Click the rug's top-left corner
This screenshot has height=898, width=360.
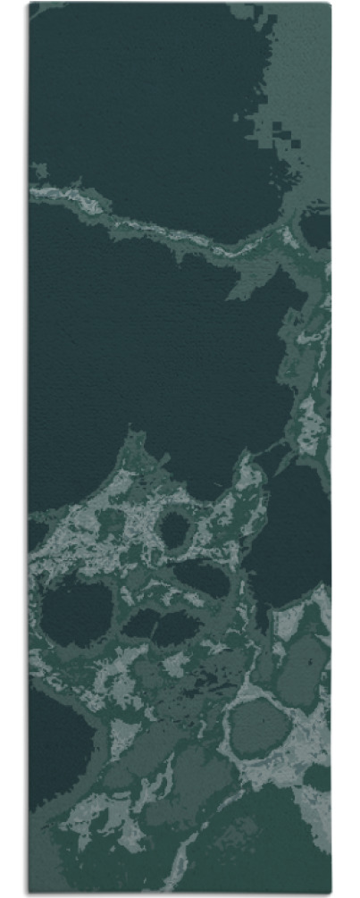29,4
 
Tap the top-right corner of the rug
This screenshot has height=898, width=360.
331,4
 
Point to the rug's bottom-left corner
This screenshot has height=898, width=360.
29,894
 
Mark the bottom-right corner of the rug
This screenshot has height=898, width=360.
331,894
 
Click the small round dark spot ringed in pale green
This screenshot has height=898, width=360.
174,531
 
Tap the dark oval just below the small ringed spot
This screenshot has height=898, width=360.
202,579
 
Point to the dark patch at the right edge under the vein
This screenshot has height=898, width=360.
316,228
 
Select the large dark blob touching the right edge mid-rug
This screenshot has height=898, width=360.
290,536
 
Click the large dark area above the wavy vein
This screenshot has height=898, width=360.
143,98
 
